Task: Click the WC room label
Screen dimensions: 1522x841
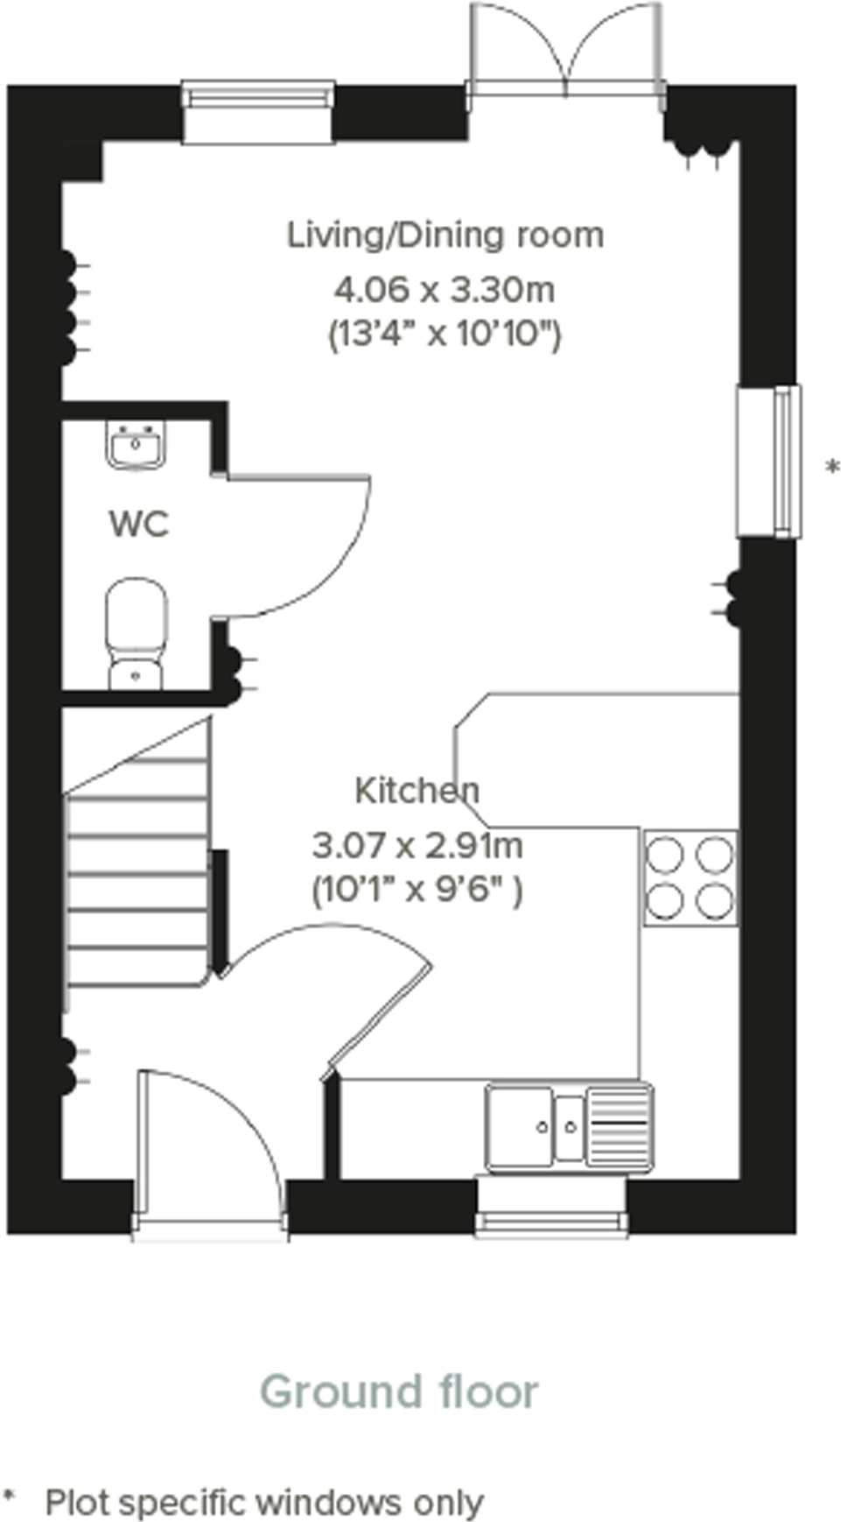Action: click(x=138, y=525)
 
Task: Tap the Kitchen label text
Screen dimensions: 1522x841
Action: click(x=417, y=791)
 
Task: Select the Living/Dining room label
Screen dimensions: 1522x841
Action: click(x=445, y=236)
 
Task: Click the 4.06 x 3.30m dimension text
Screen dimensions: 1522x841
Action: click(x=445, y=288)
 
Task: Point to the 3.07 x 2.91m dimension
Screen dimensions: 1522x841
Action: click(x=417, y=846)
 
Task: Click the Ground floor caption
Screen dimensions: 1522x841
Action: click(x=399, y=1392)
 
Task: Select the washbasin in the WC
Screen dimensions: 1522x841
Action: click(x=136, y=446)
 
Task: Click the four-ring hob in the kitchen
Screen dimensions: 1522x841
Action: click(x=690, y=877)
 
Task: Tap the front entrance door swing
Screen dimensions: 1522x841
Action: click(x=210, y=1138)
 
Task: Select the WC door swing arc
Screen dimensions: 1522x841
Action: click(x=298, y=543)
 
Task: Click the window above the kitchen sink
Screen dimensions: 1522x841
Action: click(x=551, y=1208)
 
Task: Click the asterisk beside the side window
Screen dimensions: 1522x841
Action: click(x=832, y=468)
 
